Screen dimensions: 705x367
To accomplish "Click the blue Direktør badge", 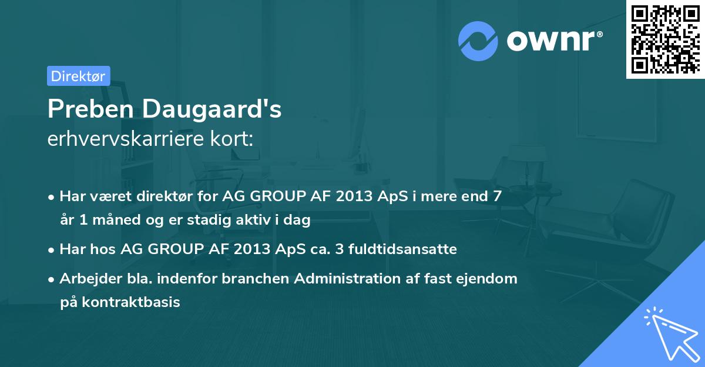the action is coord(79,76).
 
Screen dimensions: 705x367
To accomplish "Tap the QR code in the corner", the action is coord(665,39).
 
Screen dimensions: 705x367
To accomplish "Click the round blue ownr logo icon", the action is coord(478,41).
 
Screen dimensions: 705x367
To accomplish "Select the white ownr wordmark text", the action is coord(550,41).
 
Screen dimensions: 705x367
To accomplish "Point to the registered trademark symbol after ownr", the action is coord(599,34).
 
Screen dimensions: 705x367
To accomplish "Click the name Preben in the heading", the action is coord(91,109).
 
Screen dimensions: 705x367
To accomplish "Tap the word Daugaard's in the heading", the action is coord(212,109).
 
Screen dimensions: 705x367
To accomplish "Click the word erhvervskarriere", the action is coord(126,138).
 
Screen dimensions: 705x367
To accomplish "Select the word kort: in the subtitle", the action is coord(231,138).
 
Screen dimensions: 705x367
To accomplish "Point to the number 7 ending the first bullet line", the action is coord(497,196).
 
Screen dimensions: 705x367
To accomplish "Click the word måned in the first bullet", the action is coord(116,219).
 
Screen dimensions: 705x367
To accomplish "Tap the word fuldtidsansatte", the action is coord(402,249).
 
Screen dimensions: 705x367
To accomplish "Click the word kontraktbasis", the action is coord(131,302).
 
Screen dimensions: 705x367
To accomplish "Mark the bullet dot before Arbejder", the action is coord(51,280).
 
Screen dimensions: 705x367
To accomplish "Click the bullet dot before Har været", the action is coord(51,198).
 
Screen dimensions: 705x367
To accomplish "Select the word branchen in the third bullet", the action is coord(255,278).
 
